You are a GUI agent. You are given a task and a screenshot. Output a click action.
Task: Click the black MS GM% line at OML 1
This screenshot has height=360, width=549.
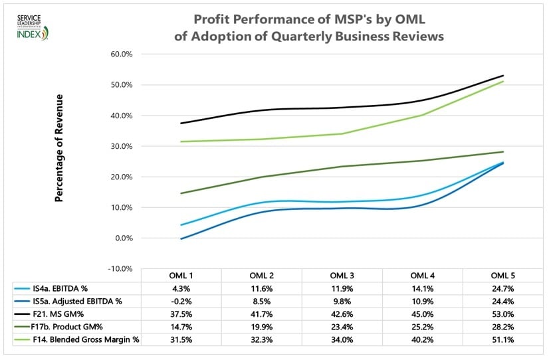point(181,123)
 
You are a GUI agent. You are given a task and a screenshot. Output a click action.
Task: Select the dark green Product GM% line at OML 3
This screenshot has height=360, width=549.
point(342,166)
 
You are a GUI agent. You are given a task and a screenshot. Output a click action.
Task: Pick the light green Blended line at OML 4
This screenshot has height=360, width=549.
point(423,115)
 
